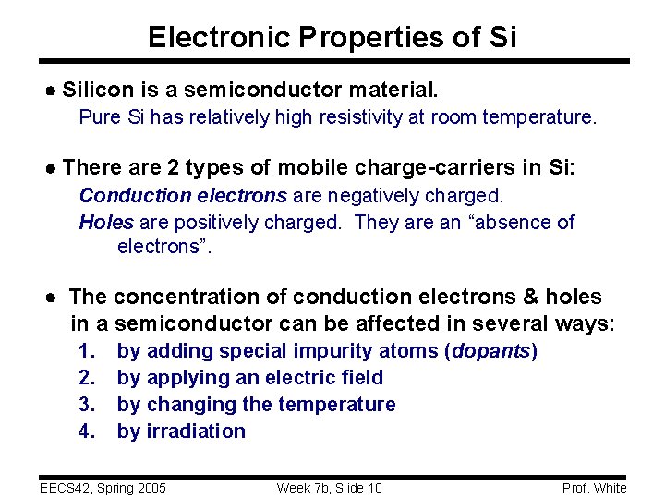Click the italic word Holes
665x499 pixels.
pyautogui.click(x=106, y=223)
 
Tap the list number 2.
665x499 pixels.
pyautogui.click(x=87, y=378)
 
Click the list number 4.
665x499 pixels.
pyautogui.click(x=87, y=432)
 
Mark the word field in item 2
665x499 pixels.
pyautogui.click(x=363, y=378)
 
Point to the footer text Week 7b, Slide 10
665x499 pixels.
pyautogui.click(x=329, y=488)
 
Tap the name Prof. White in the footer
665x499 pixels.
pyautogui.click(x=594, y=488)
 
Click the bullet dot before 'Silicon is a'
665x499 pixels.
pyautogui.click(x=52, y=91)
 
